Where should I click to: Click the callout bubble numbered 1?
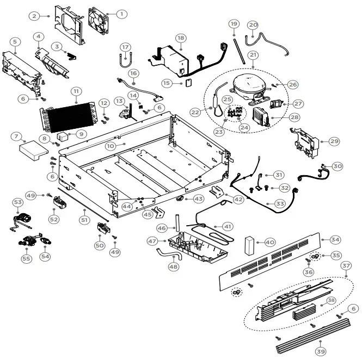121,14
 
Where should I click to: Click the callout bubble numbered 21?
253,55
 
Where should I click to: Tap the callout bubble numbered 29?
334,141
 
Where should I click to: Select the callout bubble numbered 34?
335,239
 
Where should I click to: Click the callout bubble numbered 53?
18,202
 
